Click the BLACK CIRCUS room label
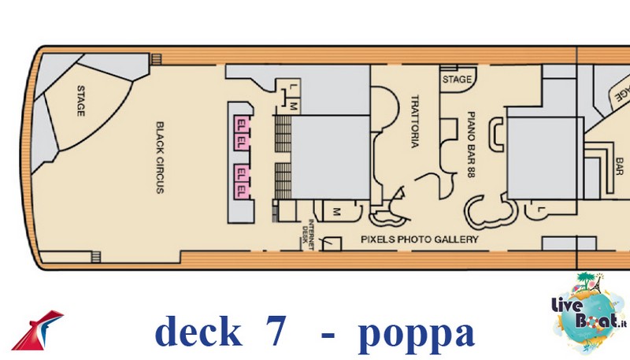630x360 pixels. click(160, 158)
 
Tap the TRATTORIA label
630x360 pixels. click(415, 121)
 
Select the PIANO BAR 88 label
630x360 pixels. click(471, 144)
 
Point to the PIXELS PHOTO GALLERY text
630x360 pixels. click(420, 239)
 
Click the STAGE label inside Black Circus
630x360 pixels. click(81, 101)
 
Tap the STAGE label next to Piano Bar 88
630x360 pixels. click(457, 80)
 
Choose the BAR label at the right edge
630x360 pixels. click(619, 166)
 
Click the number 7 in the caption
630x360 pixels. click(276, 331)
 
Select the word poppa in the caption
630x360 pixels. click(417, 334)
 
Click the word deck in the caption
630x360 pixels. click(198, 330)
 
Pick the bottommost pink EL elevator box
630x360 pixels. click(242, 190)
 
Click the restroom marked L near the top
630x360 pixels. click(292, 87)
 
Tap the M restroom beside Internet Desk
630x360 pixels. click(337, 211)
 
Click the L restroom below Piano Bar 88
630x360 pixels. click(541, 210)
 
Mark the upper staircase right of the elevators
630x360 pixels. click(283, 134)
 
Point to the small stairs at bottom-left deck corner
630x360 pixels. click(95, 257)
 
